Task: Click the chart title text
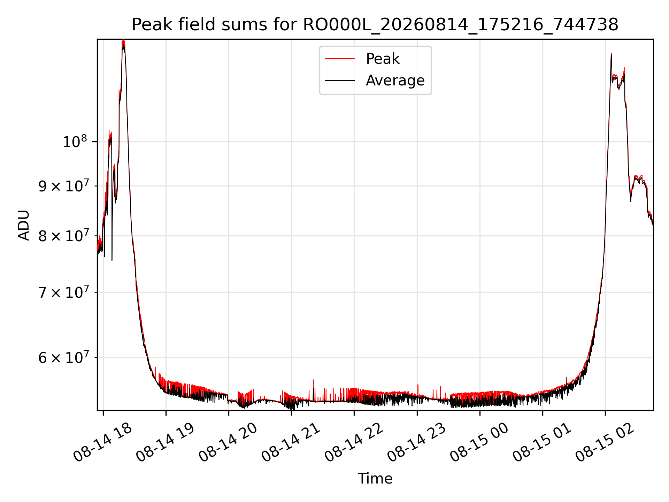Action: (375, 25)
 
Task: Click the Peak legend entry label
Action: (383, 59)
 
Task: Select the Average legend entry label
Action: (395, 81)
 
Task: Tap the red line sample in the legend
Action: (340, 59)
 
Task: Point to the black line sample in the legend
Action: (340, 81)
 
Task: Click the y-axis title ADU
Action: (24, 225)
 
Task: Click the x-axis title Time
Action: (375, 478)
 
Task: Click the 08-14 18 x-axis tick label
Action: (103, 442)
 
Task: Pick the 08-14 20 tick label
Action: (228, 442)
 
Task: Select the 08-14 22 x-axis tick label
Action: (354, 442)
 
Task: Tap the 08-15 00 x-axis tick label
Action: (479, 442)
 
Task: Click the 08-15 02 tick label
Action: (605, 442)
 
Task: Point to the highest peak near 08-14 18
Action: (123, 40)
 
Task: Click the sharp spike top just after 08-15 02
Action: (611, 53)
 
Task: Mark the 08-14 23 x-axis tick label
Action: (417, 442)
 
